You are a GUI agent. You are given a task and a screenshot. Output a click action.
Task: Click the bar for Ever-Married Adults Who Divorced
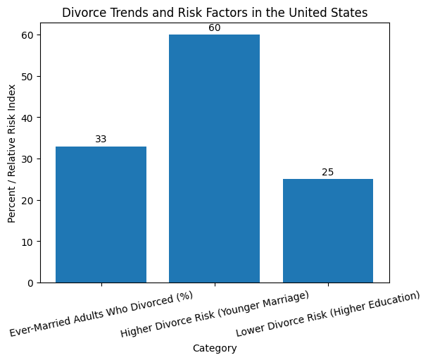(101, 214)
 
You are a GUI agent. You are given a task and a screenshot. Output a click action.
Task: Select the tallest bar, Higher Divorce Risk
(214, 159)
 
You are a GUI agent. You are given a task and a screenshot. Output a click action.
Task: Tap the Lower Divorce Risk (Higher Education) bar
(327, 230)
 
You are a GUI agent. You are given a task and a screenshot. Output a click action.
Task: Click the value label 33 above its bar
(101, 139)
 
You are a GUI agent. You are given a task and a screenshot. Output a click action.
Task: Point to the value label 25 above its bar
(327, 172)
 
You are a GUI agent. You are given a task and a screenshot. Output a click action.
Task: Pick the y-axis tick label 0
(31, 283)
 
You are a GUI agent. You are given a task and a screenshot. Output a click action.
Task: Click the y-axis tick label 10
(28, 242)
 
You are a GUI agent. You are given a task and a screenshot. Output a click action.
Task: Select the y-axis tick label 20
(28, 200)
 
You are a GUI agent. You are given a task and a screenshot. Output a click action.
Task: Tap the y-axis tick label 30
(28, 159)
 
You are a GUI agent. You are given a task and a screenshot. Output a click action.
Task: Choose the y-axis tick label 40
(28, 118)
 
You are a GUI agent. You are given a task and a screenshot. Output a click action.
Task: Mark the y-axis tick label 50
(28, 76)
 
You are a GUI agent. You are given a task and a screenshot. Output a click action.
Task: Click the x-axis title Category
(214, 348)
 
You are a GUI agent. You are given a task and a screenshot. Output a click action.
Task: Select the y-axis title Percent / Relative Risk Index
(12, 153)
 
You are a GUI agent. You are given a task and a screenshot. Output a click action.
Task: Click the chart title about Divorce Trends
(214, 12)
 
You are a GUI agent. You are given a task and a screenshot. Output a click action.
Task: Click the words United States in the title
(334, 12)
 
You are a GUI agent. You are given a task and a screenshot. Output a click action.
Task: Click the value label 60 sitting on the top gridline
(214, 28)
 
